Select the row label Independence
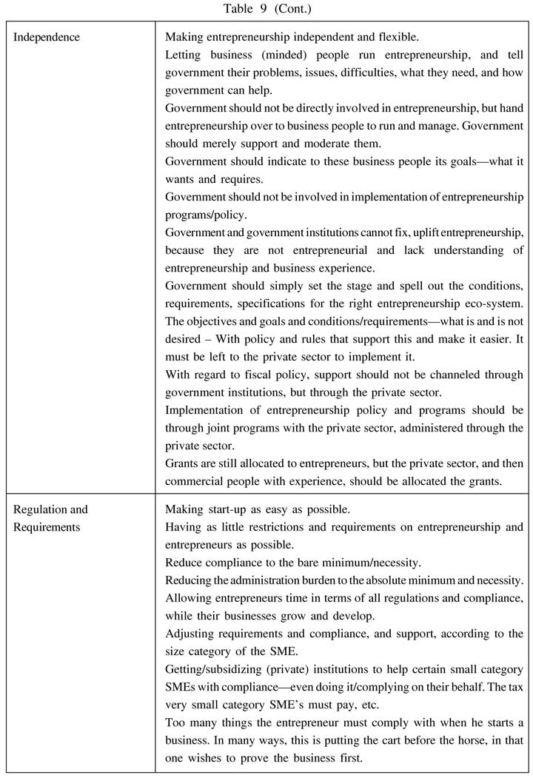pyautogui.click(x=47, y=36)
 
